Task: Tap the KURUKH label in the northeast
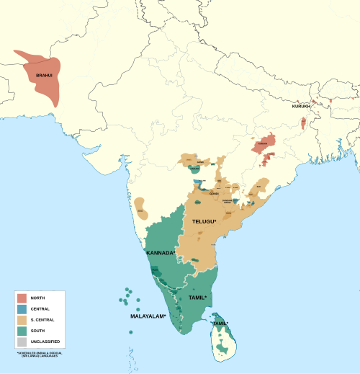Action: pyautogui.click(x=302, y=107)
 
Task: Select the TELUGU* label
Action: pyautogui.click(x=204, y=222)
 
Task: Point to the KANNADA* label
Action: pyautogui.click(x=160, y=253)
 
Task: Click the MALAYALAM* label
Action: pyautogui.click(x=148, y=316)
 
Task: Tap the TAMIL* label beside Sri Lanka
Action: pyautogui.click(x=220, y=323)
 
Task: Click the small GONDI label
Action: pyautogui.click(x=213, y=194)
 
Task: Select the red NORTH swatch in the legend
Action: pyautogui.click(x=22, y=298)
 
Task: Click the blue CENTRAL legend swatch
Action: pyautogui.click(x=22, y=308)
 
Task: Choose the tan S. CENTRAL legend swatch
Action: pyautogui.click(x=22, y=319)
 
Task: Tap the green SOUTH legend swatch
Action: pyautogui.click(x=22, y=330)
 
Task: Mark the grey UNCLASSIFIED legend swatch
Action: pyautogui.click(x=22, y=341)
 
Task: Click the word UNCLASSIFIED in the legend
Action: pyautogui.click(x=45, y=341)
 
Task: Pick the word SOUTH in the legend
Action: pyautogui.click(x=37, y=330)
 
